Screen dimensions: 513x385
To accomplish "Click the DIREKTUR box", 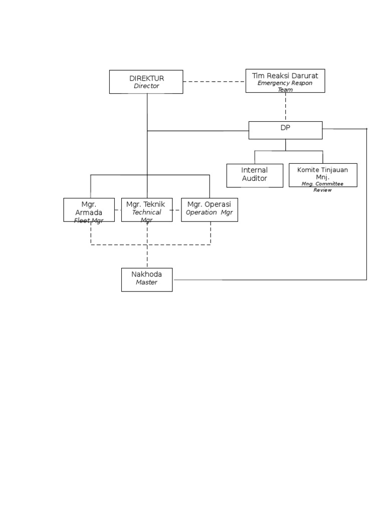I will coord(146,82).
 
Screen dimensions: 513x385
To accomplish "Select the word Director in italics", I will coord(146,86).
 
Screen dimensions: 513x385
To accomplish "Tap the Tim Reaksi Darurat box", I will coord(285,81).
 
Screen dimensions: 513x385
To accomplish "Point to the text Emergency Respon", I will coord(285,83).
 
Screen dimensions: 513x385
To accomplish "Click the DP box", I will coord(285,130).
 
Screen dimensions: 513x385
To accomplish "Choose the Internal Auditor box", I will coord(255,175).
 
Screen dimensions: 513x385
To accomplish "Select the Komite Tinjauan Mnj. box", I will coord(323,175).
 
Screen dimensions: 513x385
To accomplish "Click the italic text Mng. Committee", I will coord(322,184).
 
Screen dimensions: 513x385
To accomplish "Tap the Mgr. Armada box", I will coord(89,209).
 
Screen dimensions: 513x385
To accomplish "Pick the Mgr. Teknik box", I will coord(146,209).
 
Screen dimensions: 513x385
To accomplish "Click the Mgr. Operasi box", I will coord(209,209).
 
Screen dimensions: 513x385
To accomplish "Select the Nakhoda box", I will coord(146,279).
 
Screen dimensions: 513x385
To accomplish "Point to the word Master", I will coord(146,283).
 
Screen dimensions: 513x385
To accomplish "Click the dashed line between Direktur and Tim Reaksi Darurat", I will coord(214,82).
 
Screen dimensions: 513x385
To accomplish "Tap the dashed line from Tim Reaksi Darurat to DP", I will coord(286,106).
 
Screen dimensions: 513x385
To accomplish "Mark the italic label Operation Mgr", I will coord(209,212).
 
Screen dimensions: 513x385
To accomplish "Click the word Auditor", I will coord(255,178).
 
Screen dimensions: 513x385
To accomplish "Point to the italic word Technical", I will coord(146,212).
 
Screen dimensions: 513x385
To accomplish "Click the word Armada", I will coord(89,213).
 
